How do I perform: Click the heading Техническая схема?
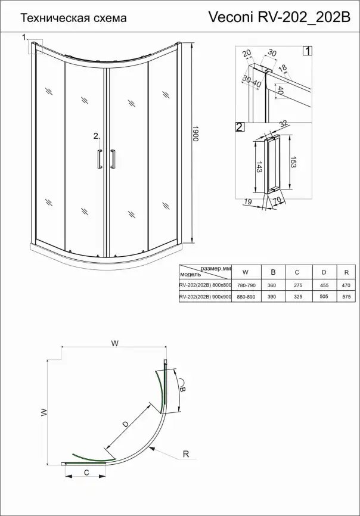coord(74,18)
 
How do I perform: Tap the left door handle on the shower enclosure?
coord(98,160)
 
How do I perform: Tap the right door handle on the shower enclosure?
coord(112,160)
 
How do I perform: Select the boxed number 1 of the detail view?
coord(307,51)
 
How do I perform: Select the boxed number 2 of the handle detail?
coord(240,127)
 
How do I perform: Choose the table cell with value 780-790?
coord(247,285)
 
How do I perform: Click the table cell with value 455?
coord(324,285)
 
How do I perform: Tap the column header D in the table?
coord(324,272)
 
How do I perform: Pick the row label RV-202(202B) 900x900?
coord(205,296)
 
